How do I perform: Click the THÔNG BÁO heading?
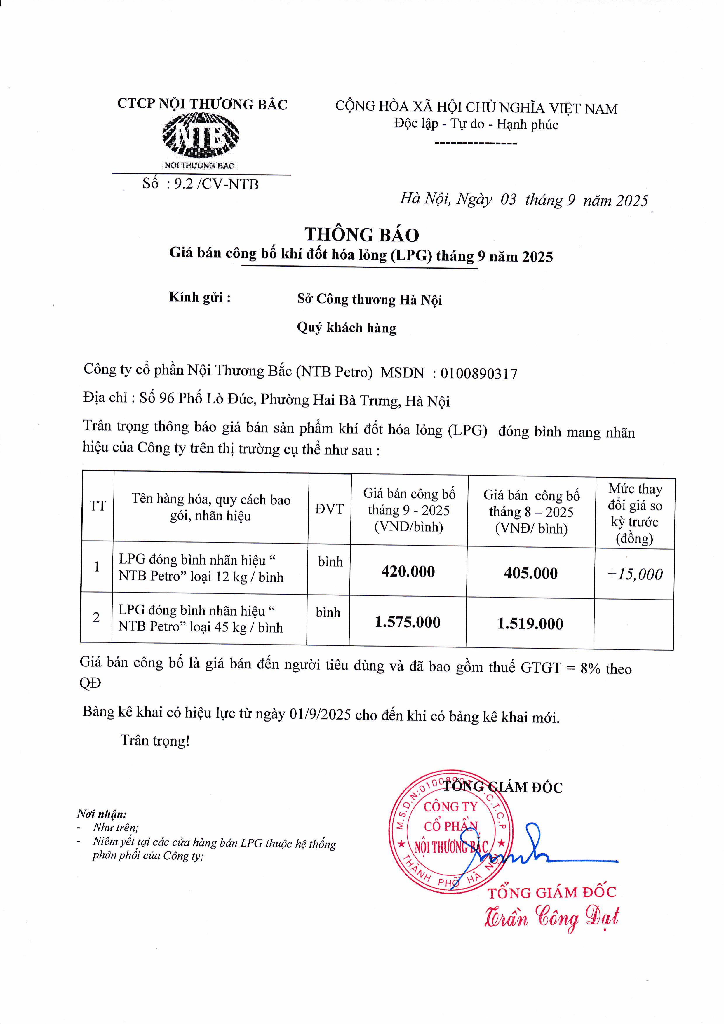(361, 235)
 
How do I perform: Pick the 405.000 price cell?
(530, 573)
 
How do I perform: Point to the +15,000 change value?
(634, 574)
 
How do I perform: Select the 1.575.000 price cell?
(407, 622)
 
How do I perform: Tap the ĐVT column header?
(329, 509)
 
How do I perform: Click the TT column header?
(98, 506)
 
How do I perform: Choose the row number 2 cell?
(96, 617)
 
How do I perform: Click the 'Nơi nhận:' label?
(102, 814)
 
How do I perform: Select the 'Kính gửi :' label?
(199, 297)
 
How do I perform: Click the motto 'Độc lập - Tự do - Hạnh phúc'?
(476, 124)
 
